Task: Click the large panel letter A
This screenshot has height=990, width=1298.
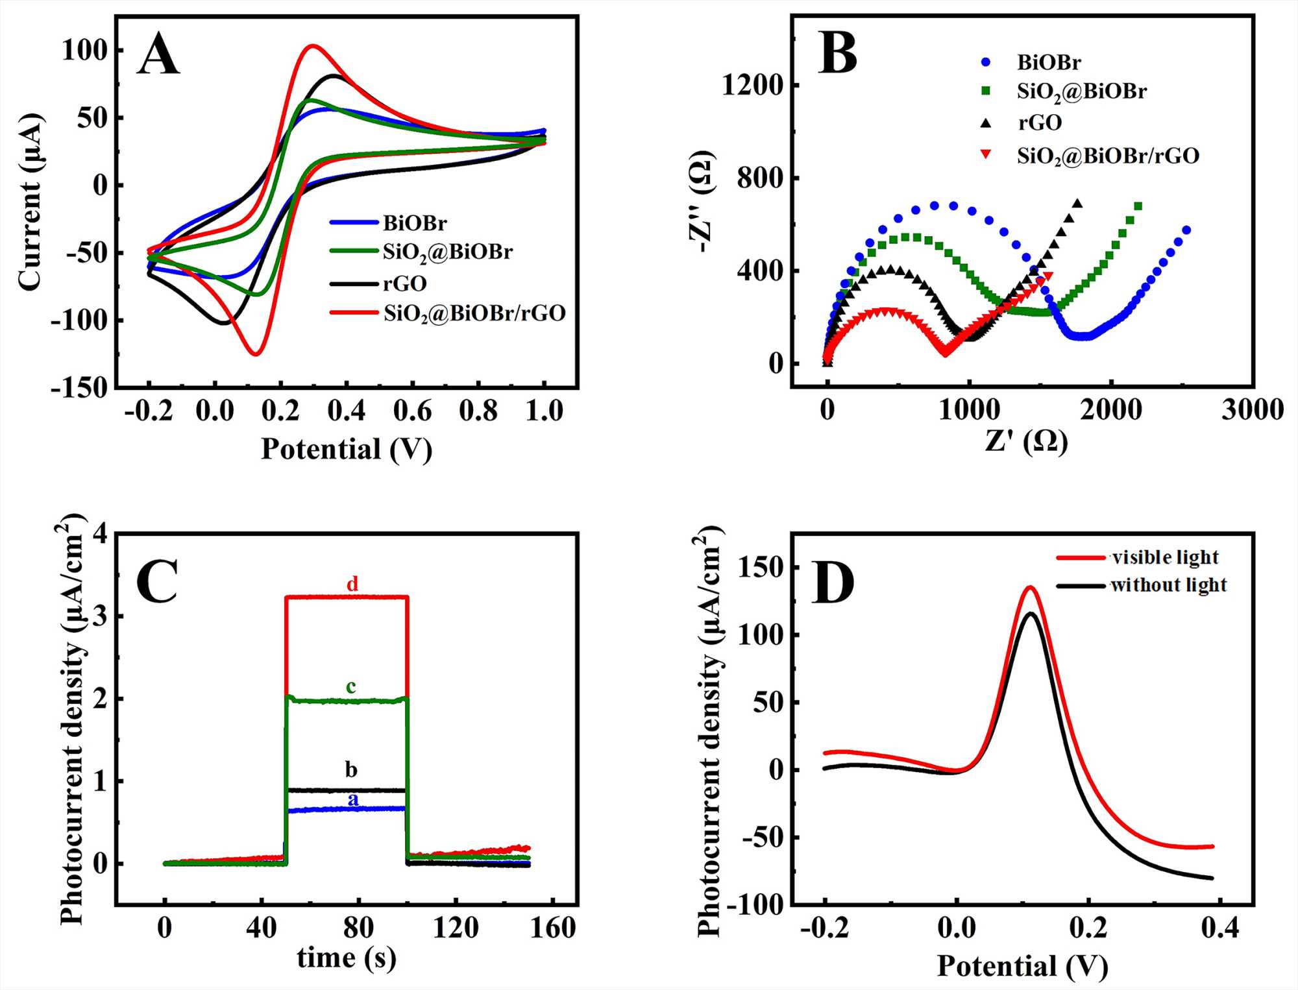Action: (158, 54)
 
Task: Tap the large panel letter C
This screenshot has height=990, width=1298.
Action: (157, 581)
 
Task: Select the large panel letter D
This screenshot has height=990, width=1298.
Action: (833, 583)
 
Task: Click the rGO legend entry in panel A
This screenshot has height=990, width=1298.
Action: (404, 284)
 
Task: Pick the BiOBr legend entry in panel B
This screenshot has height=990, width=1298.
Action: (1049, 62)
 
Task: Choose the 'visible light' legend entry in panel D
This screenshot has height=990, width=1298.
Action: (1165, 557)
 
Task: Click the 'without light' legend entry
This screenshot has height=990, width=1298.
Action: (1168, 585)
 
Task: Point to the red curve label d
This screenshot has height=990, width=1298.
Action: (352, 584)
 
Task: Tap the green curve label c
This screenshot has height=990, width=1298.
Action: (351, 686)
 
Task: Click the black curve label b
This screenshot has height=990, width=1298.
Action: (351, 769)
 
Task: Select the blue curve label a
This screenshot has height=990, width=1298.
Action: (352, 799)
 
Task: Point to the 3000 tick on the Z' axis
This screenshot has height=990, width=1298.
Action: (1252, 410)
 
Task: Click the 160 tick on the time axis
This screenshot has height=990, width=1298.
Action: (552, 928)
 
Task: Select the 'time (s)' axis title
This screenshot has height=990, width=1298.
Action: (346, 958)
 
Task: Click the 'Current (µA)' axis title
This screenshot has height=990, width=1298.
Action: (30, 202)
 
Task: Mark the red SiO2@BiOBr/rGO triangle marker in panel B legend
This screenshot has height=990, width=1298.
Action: (986, 154)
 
